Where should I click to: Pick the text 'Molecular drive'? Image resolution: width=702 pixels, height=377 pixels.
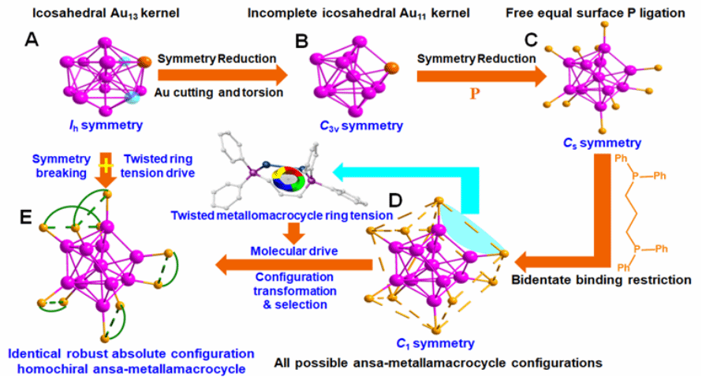(x=290, y=251)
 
